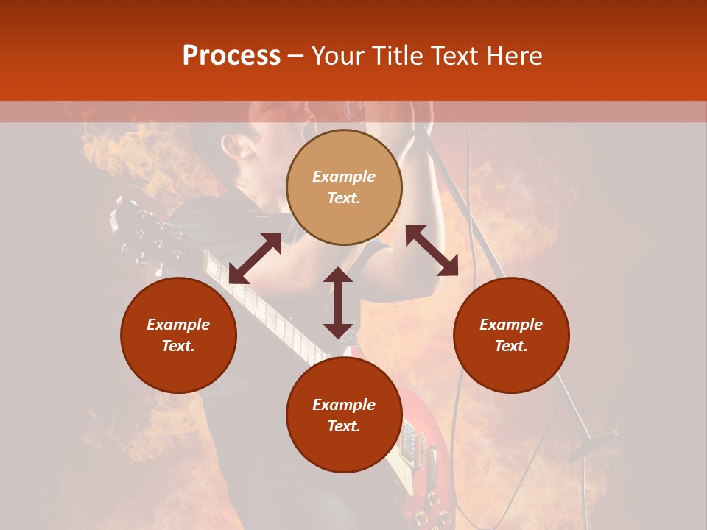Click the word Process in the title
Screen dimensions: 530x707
click(x=231, y=56)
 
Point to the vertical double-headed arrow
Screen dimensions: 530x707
click(x=338, y=303)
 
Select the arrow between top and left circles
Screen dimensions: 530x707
click(x=255, y=258)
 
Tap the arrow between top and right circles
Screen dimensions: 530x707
click(x=432, y=250)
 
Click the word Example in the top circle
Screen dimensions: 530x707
click(x=344, y=177)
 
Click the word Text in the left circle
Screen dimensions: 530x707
click(x=178, y=346)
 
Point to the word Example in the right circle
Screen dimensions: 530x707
click(x=511, y=325)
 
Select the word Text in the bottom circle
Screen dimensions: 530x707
click(x=344, y=426)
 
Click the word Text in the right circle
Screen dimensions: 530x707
click(x=511, y=346)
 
